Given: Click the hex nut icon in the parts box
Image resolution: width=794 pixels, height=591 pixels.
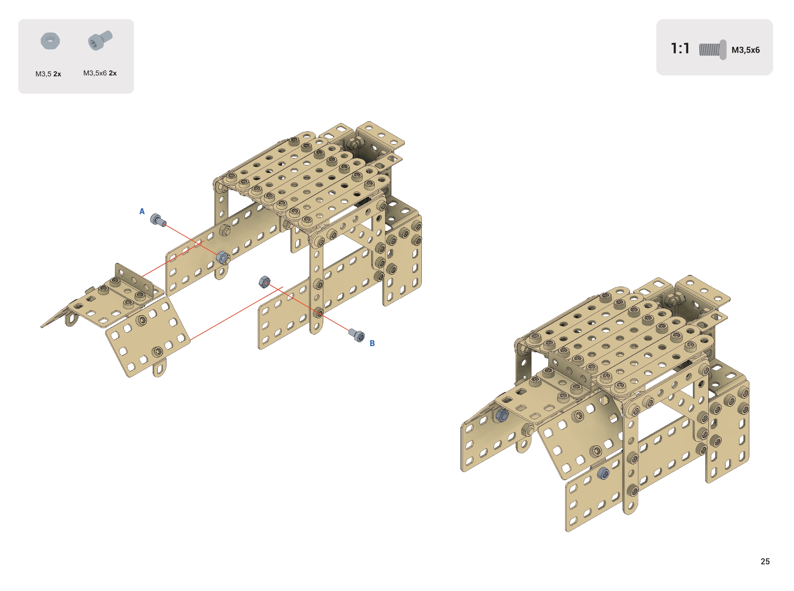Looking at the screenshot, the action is [x=50, y=41].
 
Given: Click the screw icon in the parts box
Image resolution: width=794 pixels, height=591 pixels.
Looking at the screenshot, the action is [x=100, y=40].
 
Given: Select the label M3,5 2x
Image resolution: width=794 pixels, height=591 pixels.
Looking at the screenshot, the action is [x=48, y=74].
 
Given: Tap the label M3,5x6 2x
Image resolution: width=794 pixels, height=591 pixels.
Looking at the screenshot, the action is [x=100, y=73].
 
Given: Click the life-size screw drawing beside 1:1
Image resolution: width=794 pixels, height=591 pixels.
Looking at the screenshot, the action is [x=712, y=50].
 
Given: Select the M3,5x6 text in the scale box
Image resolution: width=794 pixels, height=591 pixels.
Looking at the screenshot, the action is [x=745, y=50].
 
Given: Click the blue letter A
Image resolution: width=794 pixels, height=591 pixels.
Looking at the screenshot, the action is [x=142, y=212].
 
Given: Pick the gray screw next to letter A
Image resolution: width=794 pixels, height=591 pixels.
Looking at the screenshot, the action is [x=158, y=220].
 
